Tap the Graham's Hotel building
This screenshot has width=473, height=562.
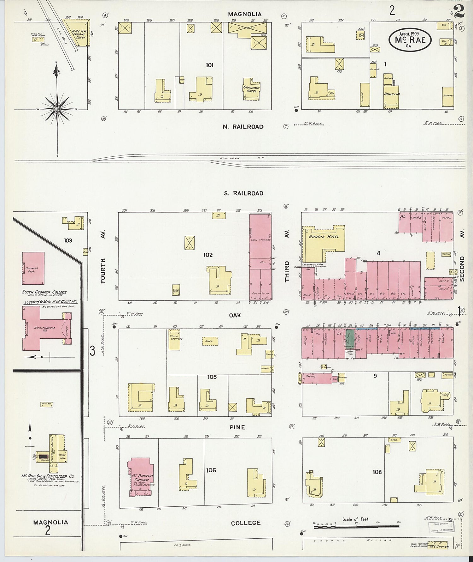pyautogui.click(x=251, y=89)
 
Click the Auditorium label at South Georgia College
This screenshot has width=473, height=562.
pyautogui.click(x=44, y=328)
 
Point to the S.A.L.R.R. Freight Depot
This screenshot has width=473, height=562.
pyautogui.click(x=79, y=34)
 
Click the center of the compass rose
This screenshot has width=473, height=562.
pyautogui.click(x=57, y=109)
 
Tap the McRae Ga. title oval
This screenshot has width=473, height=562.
pyautogui.click(x=410, y=39)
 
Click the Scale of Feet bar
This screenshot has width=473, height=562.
pyautogui.click(x=356, y=528)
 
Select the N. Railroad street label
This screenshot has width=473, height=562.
pyautogui.click(x=243, y=127)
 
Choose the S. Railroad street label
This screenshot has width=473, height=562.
pyautogui.click(x=243, y=193)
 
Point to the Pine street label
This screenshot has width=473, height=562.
pyautogui.click(x=237, y=427)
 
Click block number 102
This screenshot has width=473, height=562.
pyautogui.click(x=208, y=255)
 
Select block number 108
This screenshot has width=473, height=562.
pyautogui.click(x=377, y=472)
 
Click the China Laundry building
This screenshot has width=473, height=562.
pyautogui.click(x=174, y=340)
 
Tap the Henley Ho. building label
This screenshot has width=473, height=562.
pyautogui.click(x=392, y=94)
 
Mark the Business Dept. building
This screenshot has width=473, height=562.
pyautogui.click(x=33, y=269)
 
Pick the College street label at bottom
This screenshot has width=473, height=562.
pyautogui.click(x=246, y=523)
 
